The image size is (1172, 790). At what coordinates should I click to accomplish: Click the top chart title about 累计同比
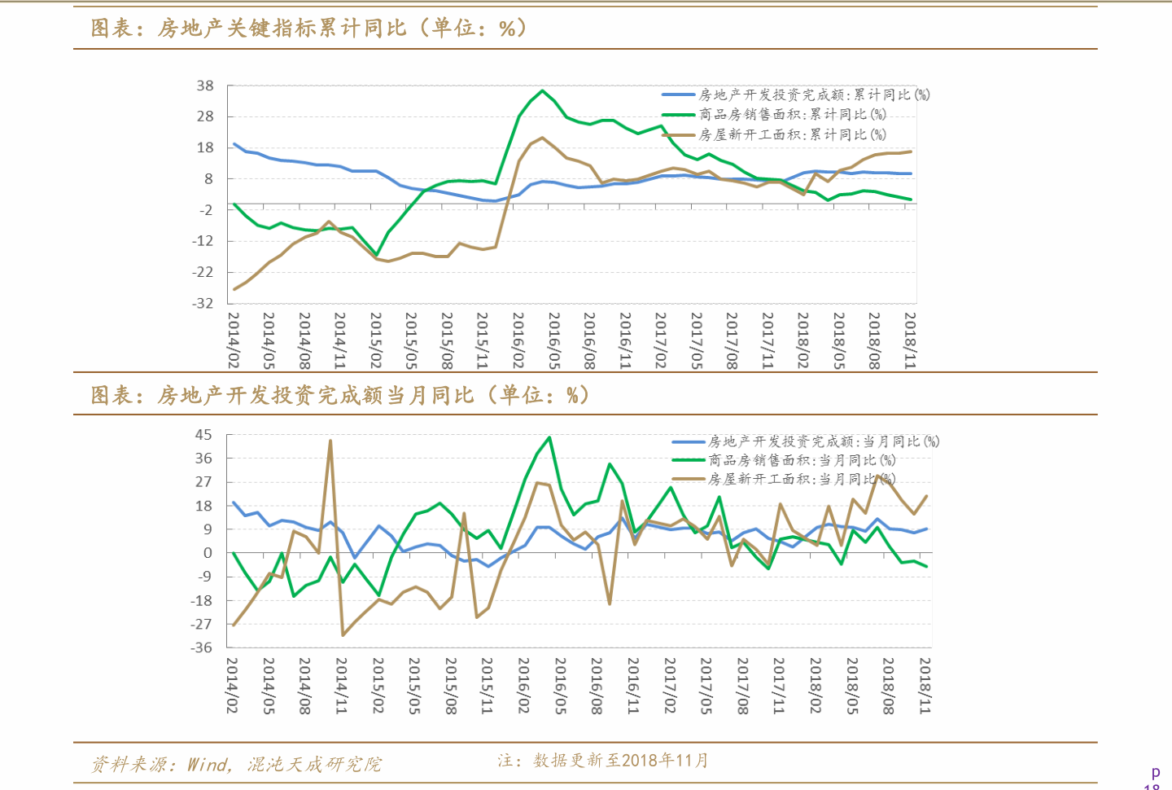tap(309, 29)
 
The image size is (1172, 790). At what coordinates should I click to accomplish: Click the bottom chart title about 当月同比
tap(340, 396)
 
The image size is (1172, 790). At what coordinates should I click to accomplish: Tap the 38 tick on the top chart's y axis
tap(205, 86)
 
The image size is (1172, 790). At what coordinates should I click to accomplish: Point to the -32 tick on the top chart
tap(203, 303)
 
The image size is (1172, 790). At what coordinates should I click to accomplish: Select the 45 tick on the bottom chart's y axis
tap(203, 435)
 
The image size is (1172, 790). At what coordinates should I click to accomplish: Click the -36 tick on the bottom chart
tap(202, 647)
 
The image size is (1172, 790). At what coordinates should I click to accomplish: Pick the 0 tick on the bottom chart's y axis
tap(208, 553)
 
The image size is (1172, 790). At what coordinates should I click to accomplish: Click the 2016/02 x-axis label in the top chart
tap(518, 340)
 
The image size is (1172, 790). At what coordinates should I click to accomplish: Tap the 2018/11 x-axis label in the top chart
tap(910, 340)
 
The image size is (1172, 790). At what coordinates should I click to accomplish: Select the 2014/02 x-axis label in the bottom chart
tap(232, 686)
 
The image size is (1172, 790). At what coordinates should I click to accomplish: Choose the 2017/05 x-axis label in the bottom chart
tap(706, 686)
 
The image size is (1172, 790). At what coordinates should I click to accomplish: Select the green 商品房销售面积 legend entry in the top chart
tap(792, 115)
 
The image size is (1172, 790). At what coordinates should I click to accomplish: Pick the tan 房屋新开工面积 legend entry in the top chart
tap(792, 134)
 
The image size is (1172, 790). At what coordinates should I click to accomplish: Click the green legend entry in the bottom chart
tap(802, 460)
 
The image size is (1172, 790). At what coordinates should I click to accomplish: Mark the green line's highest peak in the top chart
tap(543, 90)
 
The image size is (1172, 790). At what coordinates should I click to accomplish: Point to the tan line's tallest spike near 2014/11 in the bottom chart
tap(330, 441)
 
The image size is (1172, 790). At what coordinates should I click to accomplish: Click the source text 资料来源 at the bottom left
tap(236, 764)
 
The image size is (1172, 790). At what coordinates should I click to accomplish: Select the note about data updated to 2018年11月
tap(603, 761)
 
